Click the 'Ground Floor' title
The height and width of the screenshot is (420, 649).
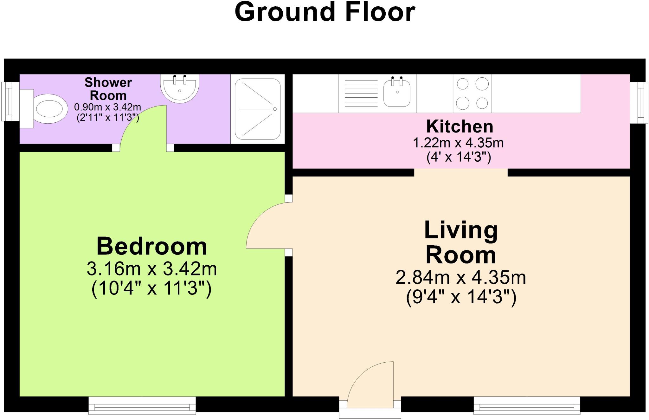pyautogui.click(x=325, y=12)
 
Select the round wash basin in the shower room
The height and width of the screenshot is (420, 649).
pyautogui.click(x=180, y=88)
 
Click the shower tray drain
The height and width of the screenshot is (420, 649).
pyautogui.click(x=275, y=109)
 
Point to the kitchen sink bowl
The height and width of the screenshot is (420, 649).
pyautogui.click(x=397, y=93)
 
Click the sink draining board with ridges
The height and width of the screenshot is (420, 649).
pyautogui.click(x=361, y=93)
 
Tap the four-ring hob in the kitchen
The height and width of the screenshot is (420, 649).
pyautogui.click(x=472, y=94)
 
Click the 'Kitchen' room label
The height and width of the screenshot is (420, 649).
pyautogui.click(x=460, y=126)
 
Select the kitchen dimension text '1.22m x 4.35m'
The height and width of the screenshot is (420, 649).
pyautogui.click(x=458, y=143)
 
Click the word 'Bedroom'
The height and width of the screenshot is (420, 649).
pyautogui.click(x=152, y=246)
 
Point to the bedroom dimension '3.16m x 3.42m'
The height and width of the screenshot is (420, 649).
pyautogui.click(x=152, y=269)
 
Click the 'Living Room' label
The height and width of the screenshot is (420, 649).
pyautogui.click(x=461, y=242)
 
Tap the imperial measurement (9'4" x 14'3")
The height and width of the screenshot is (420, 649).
pyautogui.click(x=461, y=298)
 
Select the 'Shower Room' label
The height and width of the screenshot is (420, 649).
pyautogui.click(x=108, y=89)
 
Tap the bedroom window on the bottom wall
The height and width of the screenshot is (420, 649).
pyautogui.click(x=142, y=405)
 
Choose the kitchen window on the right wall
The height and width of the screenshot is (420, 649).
pyautogui.click(x=638, y=102)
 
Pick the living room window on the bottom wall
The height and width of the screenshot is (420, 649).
pyautogui.click(x=527, y=405)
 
